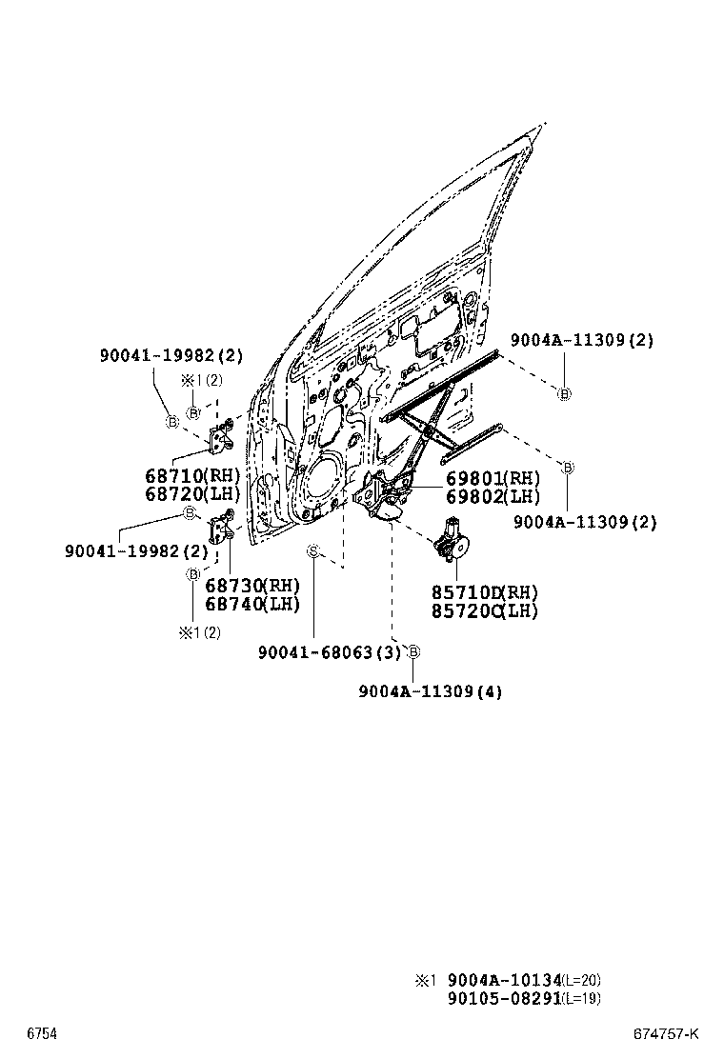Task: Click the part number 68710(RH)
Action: [193, 475]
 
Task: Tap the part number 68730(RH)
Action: [251, 585]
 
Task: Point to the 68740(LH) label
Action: [251, 603]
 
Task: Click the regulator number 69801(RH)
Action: [493, 478]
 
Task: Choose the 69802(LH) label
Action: [493, 496]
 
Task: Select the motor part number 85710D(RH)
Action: [485, 592]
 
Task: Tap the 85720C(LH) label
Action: [485, 610]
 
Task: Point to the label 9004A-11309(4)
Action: [431, 691]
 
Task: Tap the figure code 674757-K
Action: [667, 1034]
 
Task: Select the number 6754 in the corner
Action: [41, 1034]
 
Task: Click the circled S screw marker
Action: [312, 550]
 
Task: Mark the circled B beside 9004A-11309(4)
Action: [413, 652]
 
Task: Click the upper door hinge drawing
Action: [222, 437]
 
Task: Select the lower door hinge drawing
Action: [220, 523]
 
